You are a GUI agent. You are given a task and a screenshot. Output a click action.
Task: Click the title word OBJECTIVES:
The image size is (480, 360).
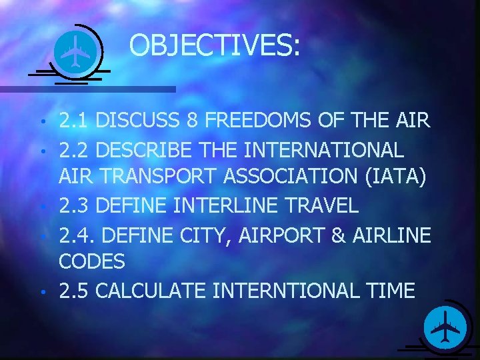click(215, 46)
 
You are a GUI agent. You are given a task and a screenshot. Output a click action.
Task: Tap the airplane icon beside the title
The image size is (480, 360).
click(75, 51)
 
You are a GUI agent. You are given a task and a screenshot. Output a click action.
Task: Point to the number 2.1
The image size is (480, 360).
click(75, 121)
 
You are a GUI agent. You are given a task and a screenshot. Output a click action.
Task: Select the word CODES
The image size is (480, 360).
click(91, 262)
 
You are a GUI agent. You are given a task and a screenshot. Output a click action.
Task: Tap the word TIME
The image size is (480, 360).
click(391, 291)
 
